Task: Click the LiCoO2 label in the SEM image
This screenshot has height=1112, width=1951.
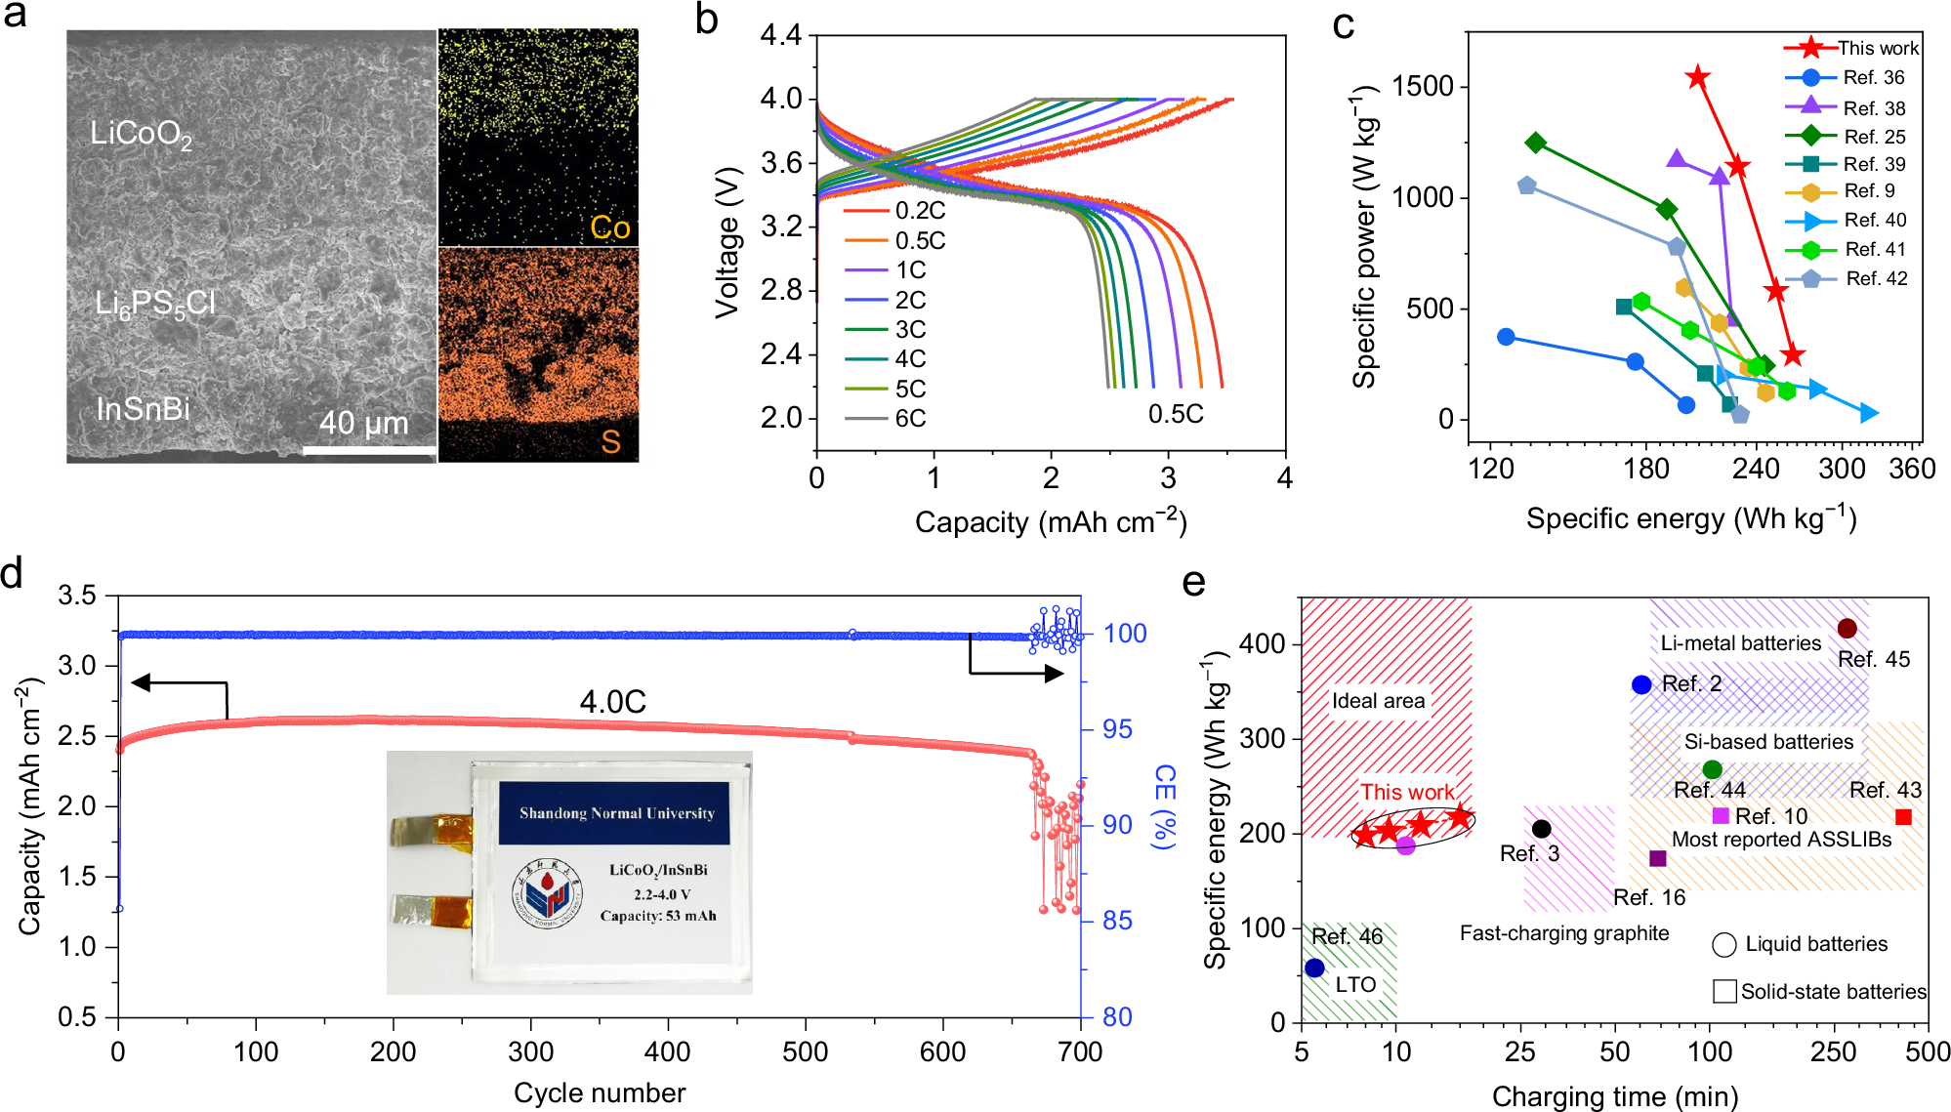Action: (x=141, y=134)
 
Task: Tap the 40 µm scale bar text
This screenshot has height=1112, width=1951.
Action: (x=363, y=424)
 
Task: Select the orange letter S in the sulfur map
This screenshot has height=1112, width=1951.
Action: (x=610, y=441)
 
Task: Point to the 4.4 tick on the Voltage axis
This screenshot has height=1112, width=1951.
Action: (x=780, y=36)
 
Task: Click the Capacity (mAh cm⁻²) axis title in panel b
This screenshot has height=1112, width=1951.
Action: (x=1050, y=522)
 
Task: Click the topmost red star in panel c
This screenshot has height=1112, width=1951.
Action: (x=1698, y=76)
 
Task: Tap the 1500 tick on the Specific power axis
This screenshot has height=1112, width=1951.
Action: (x=1422, y=86)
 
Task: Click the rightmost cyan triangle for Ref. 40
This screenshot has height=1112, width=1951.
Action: (x=1868, y=413)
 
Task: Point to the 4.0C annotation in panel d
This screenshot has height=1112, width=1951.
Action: (x=612, y=701)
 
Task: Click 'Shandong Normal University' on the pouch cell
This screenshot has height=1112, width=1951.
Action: (x=616, y=812)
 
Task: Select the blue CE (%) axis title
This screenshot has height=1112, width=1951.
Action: (x=1164, y=806)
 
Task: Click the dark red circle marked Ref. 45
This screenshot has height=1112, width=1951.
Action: (x=1847, y=629)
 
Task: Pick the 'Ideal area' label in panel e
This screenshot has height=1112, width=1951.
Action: (x=1378, y=700)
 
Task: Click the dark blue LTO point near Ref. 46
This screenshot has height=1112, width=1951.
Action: (x=1314, y=968)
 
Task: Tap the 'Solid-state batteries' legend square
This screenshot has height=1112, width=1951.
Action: (x=1724, y=991)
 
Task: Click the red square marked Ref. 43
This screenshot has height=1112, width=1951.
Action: (x=1903, y=816)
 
